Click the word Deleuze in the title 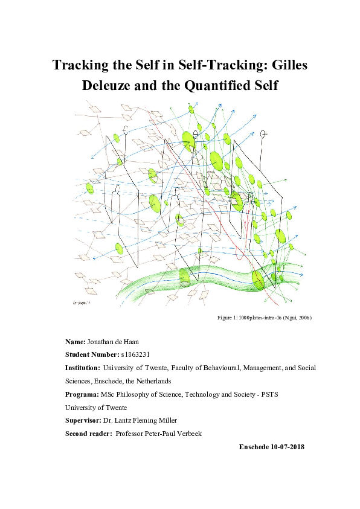click(109, 86)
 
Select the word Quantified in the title click(233, 86)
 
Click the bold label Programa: click(82, 395)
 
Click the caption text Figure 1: click(228, 317)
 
